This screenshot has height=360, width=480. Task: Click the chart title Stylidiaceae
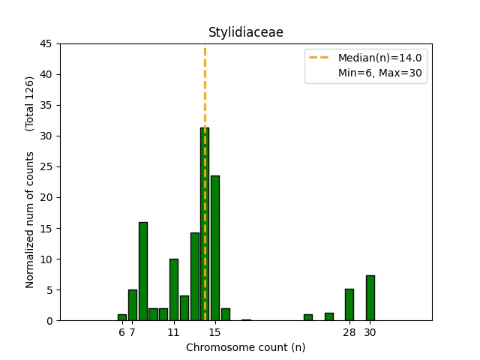(245, 32)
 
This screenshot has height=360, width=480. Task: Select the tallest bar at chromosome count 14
(205, 225)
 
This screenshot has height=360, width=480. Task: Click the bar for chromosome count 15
(215, 248)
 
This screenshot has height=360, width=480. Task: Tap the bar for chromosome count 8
(142, 271)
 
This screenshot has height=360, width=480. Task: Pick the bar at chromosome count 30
(370, 298)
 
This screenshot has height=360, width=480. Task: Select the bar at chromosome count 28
(349, 304)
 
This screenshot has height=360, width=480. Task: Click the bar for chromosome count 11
(174, 289)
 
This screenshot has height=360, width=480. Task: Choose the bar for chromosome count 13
(194, 277)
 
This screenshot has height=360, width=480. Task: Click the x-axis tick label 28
(349, 332)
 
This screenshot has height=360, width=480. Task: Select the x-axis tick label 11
(174, 332)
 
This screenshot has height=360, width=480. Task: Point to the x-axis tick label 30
(370, 332)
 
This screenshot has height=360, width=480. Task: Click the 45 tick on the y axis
(46, 43)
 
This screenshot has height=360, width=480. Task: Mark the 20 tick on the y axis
(46, 197)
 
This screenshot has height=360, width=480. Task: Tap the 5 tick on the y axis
(49, 289)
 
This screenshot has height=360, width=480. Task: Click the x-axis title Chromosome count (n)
(245, 347)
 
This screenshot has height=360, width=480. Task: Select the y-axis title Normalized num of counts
(31, 220)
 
